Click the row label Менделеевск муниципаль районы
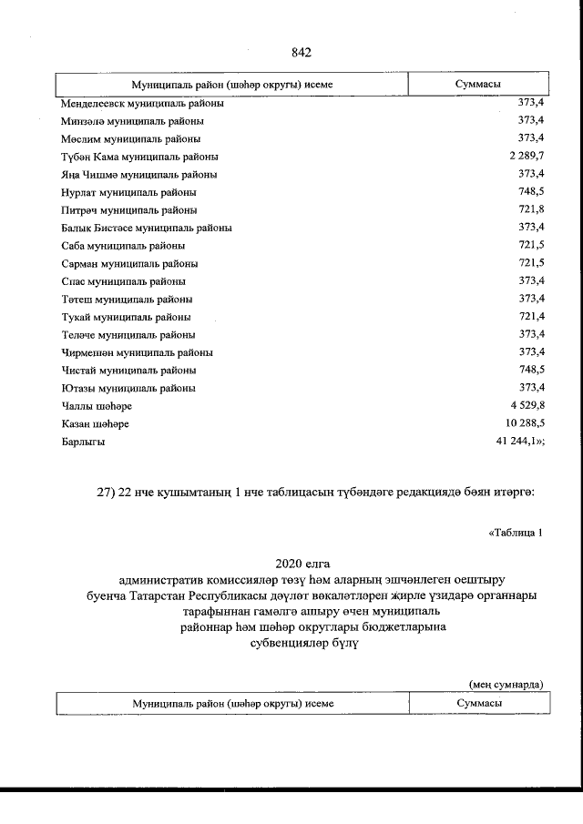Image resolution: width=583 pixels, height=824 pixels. point(143,103)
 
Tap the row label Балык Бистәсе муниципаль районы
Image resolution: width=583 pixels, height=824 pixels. point(146,228)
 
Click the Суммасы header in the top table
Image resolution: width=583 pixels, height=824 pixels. point(477,84)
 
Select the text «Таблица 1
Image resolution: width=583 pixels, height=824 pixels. point(515,534)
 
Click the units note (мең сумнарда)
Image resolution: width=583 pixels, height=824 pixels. point(506,683)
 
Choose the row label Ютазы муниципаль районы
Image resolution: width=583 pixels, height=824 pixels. point(128,388)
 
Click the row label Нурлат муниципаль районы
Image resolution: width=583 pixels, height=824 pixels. point(128,192)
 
